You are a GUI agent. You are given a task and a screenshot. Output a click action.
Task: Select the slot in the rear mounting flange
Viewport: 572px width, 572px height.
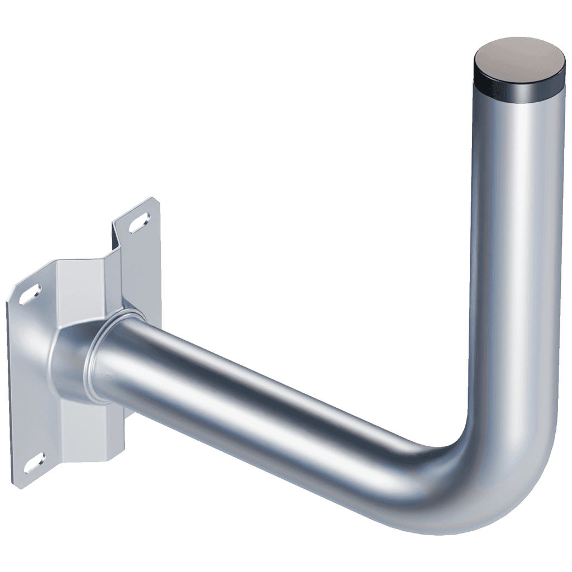(x=139, y=222)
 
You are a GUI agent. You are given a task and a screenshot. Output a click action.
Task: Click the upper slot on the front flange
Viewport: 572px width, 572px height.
(x=30, y=294)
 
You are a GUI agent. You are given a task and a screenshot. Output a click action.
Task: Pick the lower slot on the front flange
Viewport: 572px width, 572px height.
(x=34, y=463)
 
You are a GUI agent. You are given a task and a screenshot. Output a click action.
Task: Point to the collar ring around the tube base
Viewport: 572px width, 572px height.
(x=106, y=357)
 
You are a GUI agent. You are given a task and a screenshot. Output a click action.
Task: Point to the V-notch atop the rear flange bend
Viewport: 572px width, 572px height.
(x=117, y=229)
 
